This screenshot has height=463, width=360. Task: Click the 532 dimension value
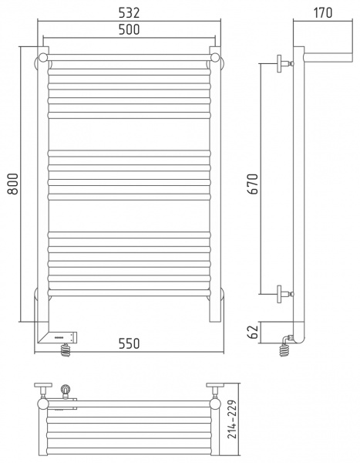(x=130, y=12)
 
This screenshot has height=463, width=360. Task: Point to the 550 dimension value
(x=130, y=345)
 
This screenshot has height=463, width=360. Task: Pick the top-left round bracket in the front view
(x=43, y=59)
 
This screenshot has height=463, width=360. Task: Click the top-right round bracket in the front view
(x=217, y=59)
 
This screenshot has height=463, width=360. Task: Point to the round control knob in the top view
(x=66, y=390)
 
